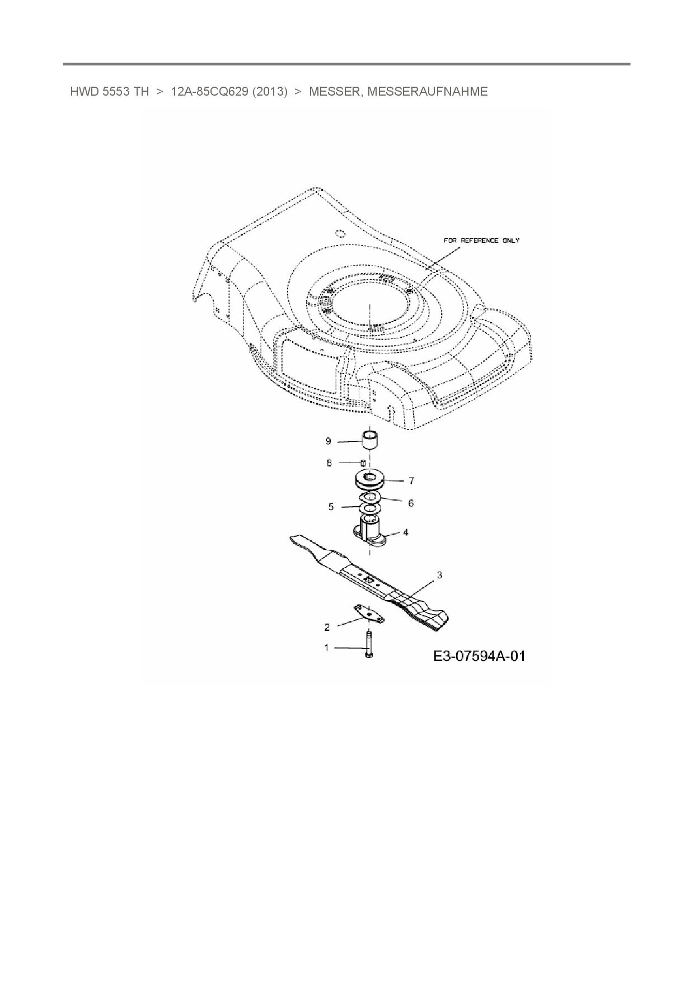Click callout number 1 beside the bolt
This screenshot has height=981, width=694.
point(326,648)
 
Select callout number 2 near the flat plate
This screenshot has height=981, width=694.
point(327,626)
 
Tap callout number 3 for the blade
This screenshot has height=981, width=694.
point(440,575)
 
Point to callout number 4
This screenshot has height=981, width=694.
point(406,532)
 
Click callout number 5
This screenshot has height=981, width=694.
point(331,507)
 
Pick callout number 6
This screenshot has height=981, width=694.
point(411,503)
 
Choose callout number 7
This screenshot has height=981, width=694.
point(411,480)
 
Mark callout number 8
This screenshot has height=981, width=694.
point(329,463)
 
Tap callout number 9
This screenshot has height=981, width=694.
point(329,441)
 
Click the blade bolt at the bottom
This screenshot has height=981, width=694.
point(369,646)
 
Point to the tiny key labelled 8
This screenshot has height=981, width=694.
point(363,463)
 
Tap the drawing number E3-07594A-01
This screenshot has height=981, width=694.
point(479,656)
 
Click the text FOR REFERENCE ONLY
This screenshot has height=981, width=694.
point(481,240)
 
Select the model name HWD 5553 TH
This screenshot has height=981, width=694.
point(109,92)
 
